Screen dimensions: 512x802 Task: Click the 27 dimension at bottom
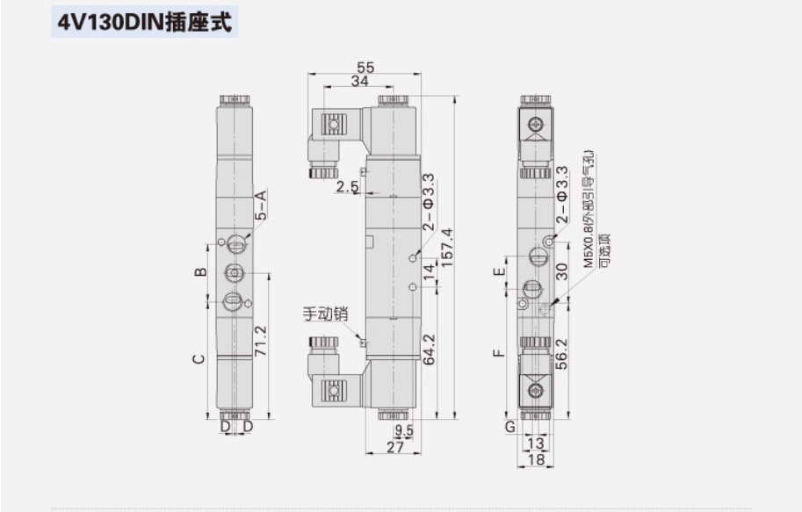[394, 447]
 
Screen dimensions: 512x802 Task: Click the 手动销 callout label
[326, 314]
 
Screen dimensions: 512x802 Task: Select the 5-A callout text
[261, 204]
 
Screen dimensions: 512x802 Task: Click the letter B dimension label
[200, 272]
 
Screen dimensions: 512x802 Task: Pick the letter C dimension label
[199, 358]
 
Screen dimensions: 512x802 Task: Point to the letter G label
[509, 428]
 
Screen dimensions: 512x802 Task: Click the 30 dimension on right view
[563, 272]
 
